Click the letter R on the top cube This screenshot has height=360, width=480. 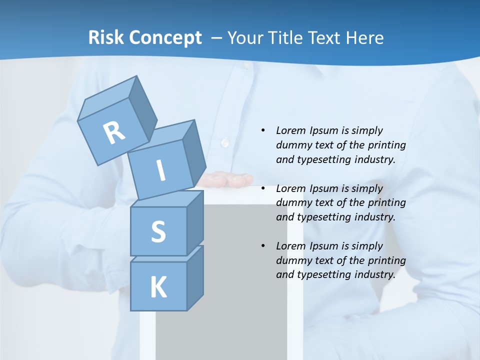[114, 133]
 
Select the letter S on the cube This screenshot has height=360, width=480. [158, 231]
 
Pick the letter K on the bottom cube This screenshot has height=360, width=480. [158, 287]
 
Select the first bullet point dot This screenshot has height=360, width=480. [263, 130]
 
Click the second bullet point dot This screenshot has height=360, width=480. [263, 188]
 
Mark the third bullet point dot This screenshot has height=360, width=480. [263, 246]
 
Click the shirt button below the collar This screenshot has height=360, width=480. [224, 142]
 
